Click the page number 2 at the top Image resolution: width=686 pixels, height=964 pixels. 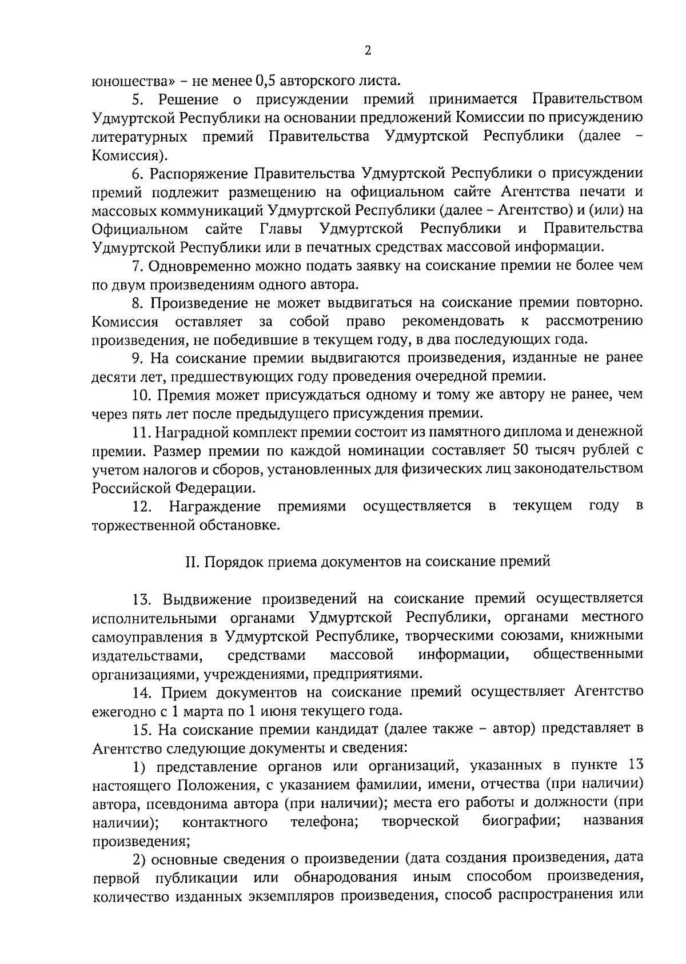pos(368,51)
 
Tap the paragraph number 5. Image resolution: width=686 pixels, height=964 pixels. pos(137,99)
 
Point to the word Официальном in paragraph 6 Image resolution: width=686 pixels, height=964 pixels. pos(140,229)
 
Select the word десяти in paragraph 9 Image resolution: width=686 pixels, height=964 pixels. pos(111,377)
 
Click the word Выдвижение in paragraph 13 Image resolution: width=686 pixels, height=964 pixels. pos(207,599)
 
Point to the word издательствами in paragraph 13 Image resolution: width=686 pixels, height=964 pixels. pos(147,655)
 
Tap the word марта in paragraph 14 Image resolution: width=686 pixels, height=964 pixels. pos(213,711)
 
